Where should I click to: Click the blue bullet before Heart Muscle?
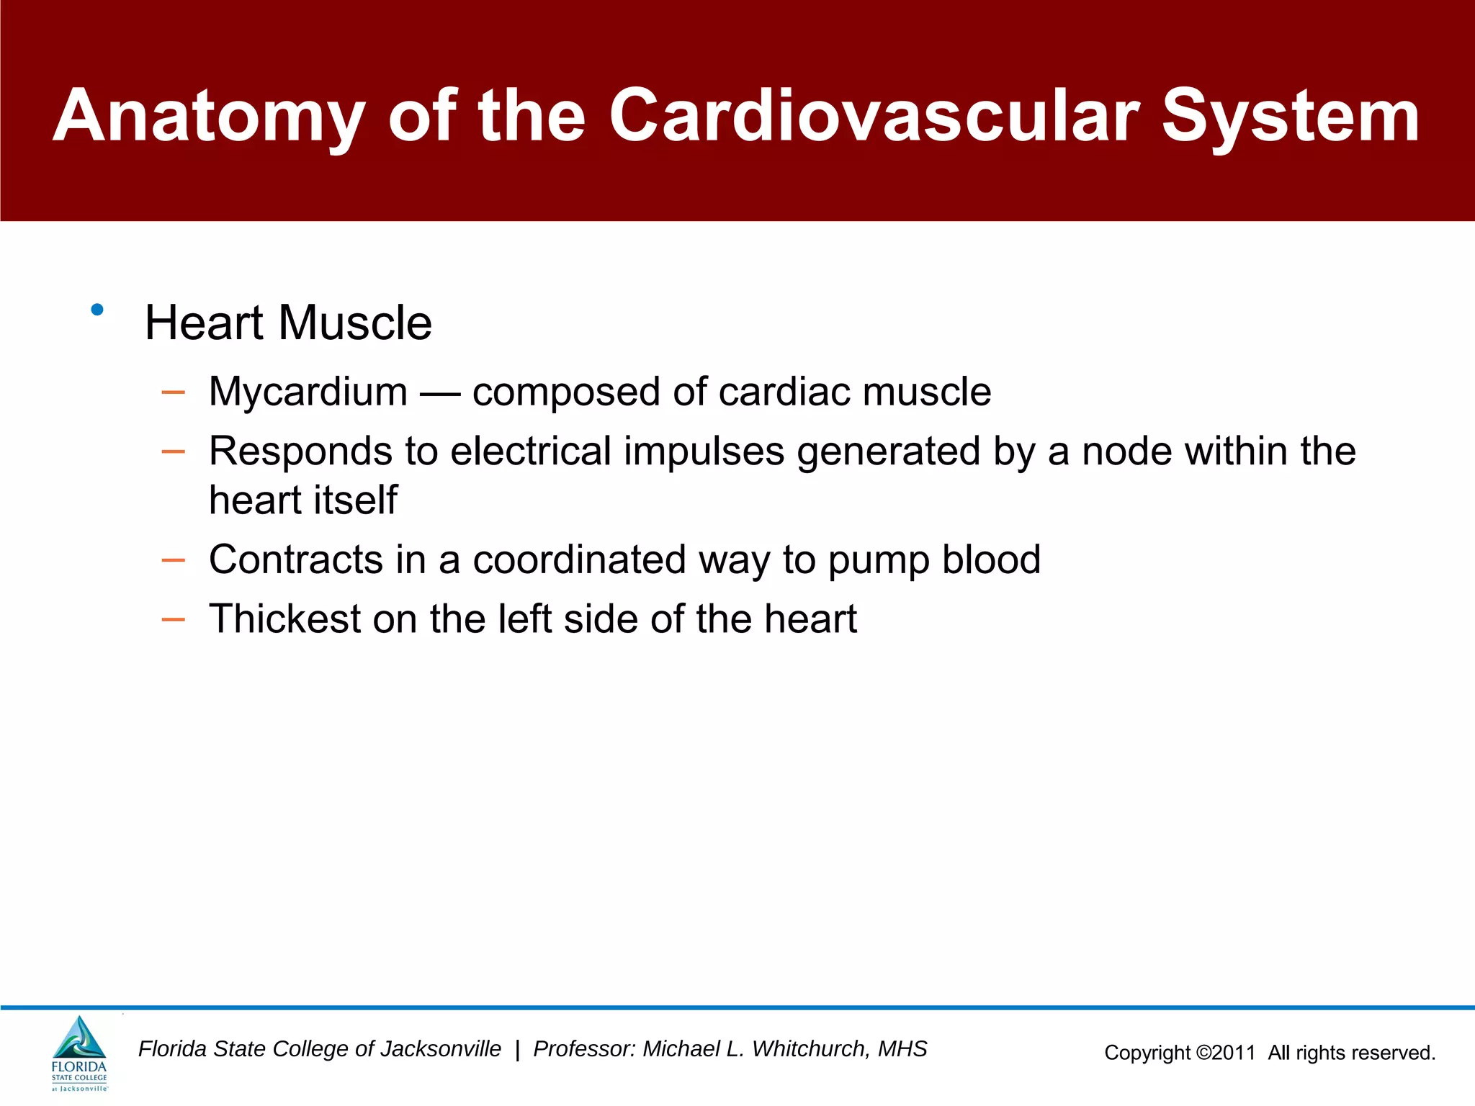pyautogui.click(x=97, y=310)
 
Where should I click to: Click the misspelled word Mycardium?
pyautogui.click(x=308, y=392)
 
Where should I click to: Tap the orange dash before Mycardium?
pyautogui.click(x=174, y=392)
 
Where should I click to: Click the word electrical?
pyautogui.click(x=531, y=451)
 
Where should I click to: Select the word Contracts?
pyautogui.click(x=296, y=559)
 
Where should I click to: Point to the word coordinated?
pyautogui.click(x=578, y=559)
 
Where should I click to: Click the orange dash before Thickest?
pyautogui.click(x=174, y=619)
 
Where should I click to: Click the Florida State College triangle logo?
pyautogui.click(x=79, y=1039)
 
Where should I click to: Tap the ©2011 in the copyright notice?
pyautogui.click(x=1225, y=1053)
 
